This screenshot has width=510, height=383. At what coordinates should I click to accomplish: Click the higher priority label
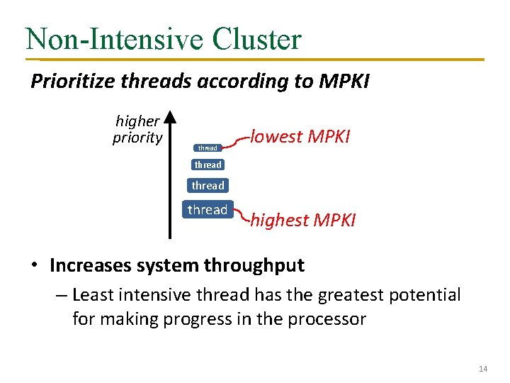[137, 129]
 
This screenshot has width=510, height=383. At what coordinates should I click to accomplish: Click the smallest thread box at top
[208, 148]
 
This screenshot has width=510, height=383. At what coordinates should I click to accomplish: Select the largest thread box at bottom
[208, 210]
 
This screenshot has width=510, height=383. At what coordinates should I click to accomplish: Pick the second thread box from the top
[208, 165]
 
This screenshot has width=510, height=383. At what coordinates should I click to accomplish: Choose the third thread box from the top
[208, 186]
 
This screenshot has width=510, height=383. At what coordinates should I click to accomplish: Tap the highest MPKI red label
[303, 221]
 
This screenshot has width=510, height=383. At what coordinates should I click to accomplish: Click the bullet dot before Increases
[35, 266]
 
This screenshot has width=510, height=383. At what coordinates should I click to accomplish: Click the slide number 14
[483, 369]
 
